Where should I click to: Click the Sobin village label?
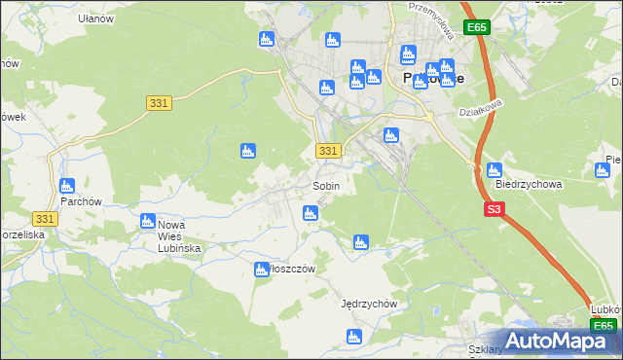tap(325, 186)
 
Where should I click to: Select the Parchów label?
tap(67, 202)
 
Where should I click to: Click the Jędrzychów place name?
tap(369, 304)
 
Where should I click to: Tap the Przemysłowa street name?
tap(433, 18)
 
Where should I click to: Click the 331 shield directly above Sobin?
tap(328, 151)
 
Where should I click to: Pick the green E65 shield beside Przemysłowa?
tap(475, 28)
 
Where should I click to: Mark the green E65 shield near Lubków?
tap(604, 326)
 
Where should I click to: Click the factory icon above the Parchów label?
tap(67, 185)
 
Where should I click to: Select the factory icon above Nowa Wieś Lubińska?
tap(148, 221)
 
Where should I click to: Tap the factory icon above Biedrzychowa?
tap(495, 170)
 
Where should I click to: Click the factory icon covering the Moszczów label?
tap(261, 270)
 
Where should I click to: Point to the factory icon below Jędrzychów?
tap(355, 337)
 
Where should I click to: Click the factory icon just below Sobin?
tap(311, 212)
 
